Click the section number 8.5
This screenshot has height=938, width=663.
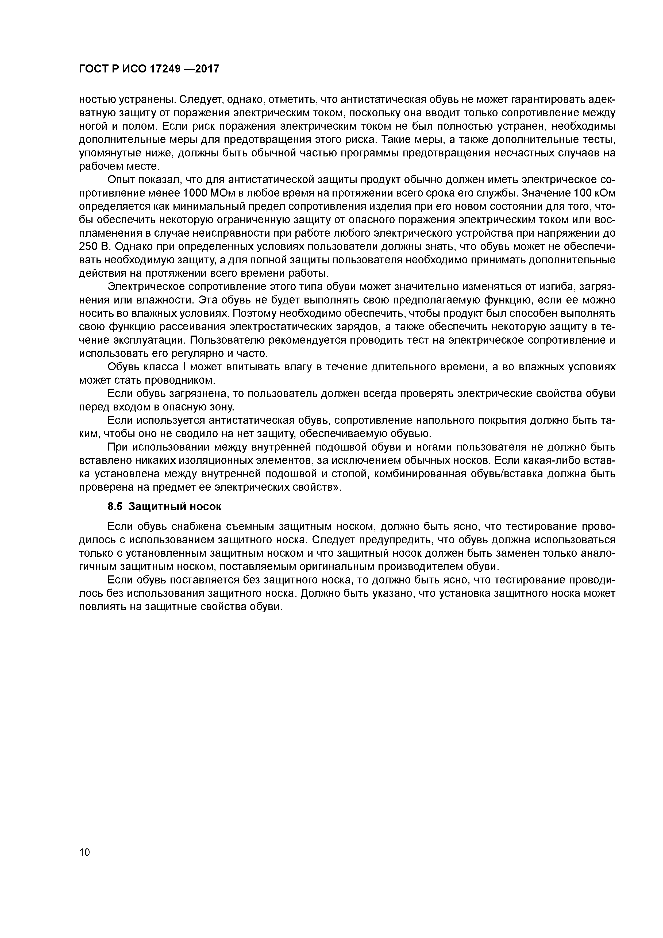pos(115,507)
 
